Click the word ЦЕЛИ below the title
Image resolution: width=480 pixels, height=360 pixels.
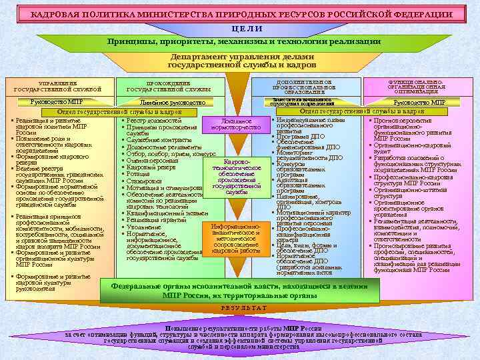coord(239,28)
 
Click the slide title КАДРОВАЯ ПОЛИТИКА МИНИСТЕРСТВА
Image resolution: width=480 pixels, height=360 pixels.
coord(240,14)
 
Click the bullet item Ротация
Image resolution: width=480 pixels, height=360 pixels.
coord(140,174)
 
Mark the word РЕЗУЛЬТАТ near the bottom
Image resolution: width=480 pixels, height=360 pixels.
coord(239,308)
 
